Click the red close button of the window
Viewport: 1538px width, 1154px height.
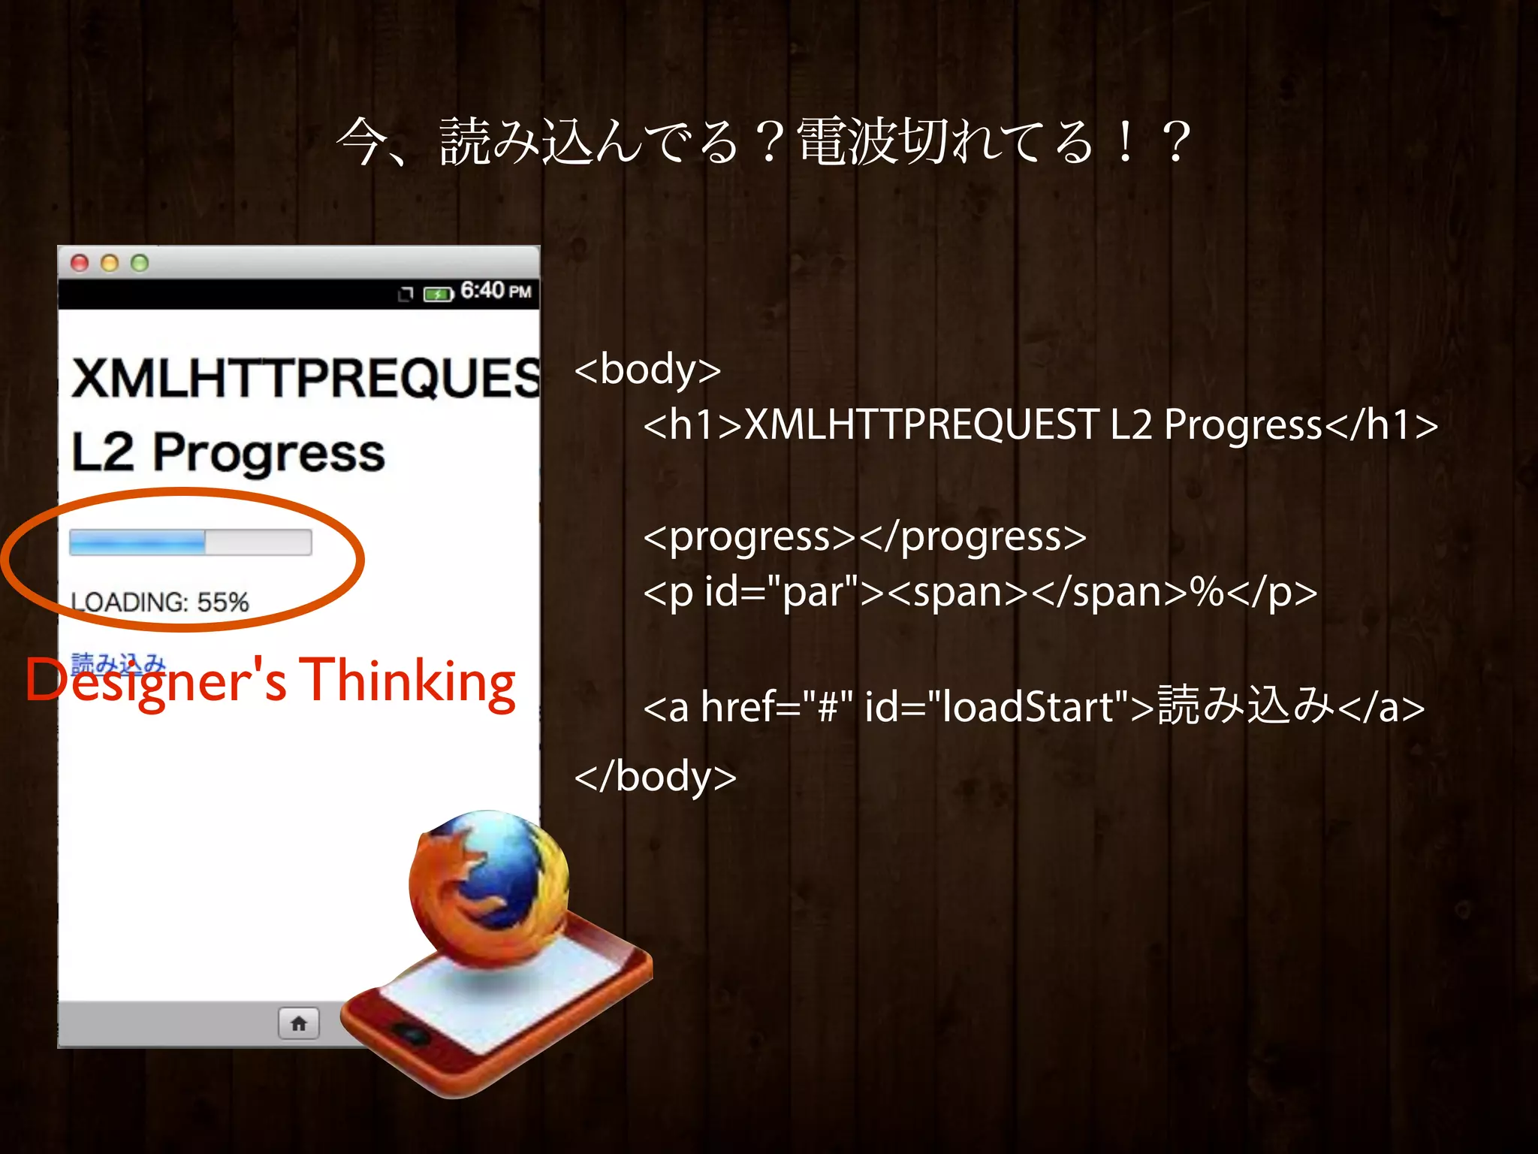tap(80, 263)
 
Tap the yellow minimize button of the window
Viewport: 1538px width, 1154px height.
tap(110, 263)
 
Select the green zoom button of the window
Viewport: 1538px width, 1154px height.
tap(140, 263)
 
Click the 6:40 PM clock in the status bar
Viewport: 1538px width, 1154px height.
tap(496, 291)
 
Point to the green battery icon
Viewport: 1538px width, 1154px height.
tap(438, 294)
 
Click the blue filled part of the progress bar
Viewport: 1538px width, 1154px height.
tap(137, 542)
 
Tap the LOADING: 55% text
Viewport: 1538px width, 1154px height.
tap(159, 602)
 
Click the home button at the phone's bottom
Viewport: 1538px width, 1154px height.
tap(298, 1023)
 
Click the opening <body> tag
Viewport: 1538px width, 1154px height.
tap(647, 370)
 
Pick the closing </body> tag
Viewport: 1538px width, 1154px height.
tap(655, 777)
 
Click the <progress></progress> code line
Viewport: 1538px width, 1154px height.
tap(864, 537)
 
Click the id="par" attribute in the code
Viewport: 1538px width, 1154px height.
tap(781, 592)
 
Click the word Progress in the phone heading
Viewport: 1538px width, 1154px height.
tap(269, 453)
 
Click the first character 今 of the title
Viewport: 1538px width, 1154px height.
tap(362, 142)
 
